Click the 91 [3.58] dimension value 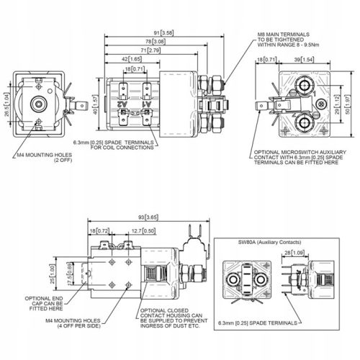click(x=164, y=33)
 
